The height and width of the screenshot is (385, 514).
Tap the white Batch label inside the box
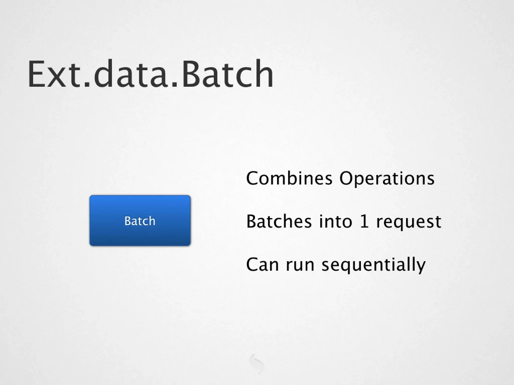(x=140, y=221)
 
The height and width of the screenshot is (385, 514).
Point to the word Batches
(x=279, y=221)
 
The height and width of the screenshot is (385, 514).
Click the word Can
(x=262, y=264)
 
